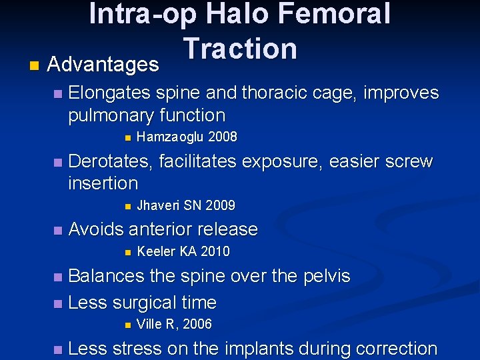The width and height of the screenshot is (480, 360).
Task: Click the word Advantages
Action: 103,65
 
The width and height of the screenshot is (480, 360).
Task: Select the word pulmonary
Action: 112,115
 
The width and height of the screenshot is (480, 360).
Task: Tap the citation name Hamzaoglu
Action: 170,137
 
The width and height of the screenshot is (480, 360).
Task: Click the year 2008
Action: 223,137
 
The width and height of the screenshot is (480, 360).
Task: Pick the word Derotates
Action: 113,161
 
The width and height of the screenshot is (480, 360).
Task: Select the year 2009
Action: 221,205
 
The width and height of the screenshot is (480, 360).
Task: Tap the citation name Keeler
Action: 156,251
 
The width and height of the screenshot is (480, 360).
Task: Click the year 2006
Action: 197,325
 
